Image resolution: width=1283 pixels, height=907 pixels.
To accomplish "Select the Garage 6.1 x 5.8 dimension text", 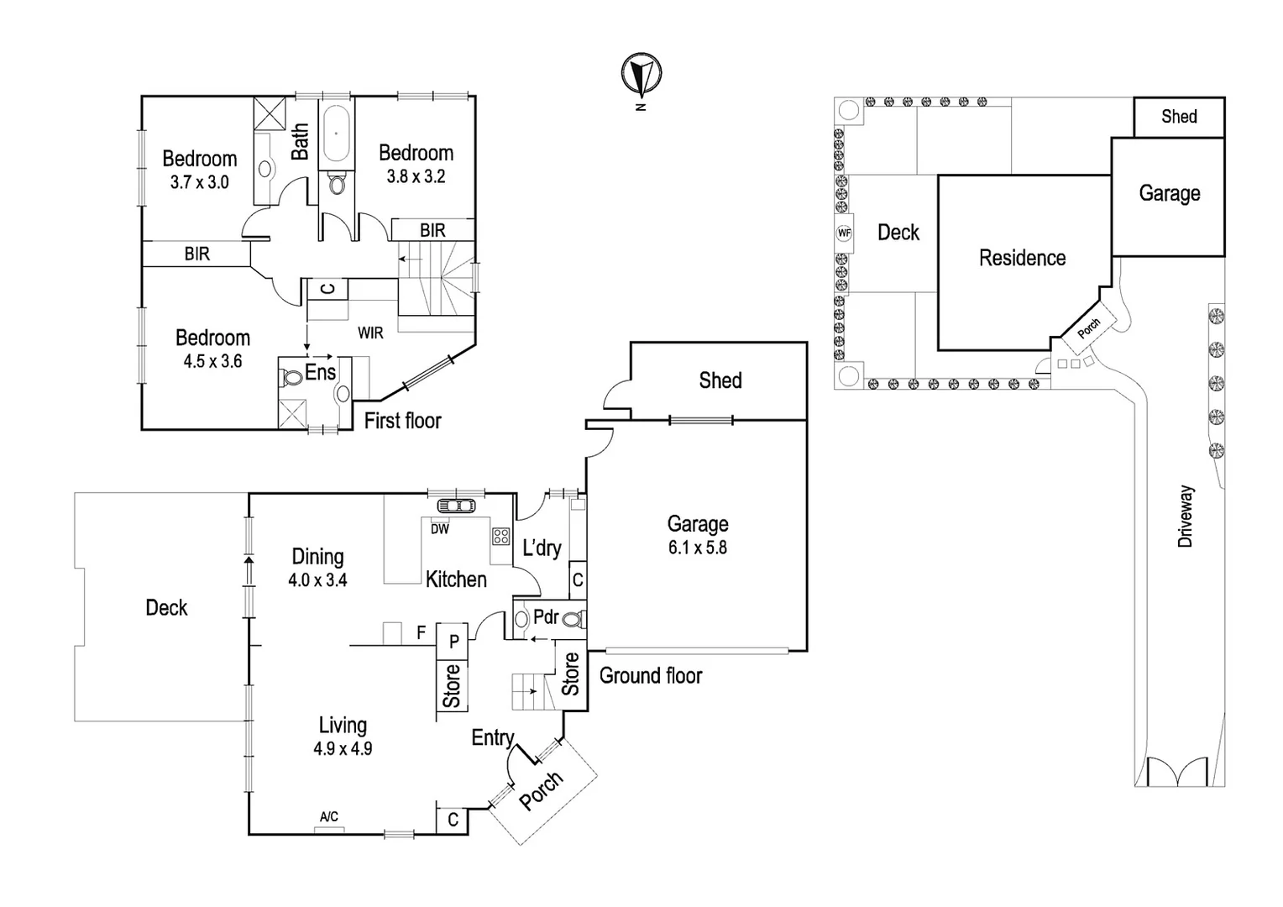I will click(x=697, y=548).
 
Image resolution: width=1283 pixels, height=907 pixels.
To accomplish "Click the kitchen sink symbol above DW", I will click(x=456, y=506).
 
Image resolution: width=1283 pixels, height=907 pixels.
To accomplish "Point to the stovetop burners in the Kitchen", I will click(x=501, y=537).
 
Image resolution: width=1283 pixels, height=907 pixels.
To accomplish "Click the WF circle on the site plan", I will click(x=844, y=233).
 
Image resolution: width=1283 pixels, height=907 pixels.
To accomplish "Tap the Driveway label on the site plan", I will click(x=1185, y=516).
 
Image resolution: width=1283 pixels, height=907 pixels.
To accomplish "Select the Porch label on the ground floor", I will click(x=541, y=790).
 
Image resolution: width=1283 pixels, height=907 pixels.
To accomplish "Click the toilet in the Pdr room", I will click(x=573, y=620).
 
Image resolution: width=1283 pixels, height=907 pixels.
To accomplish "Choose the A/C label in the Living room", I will click(x=329, y=816).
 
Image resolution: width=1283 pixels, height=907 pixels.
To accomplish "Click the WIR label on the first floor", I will click(x=370, y=333).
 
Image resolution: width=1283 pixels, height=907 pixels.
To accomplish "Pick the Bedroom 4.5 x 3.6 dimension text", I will click(x=212, y=361).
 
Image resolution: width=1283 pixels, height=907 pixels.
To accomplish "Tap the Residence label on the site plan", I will click(x=1022, y=258).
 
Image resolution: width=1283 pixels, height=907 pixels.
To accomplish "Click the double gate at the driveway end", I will click(x=1179, y=772).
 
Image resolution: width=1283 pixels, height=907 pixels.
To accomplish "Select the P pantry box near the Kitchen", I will click(x=453, y=642).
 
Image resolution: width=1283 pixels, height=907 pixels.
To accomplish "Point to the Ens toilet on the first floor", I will click(x=292, y=378).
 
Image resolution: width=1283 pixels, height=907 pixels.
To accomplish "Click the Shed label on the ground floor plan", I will click(x=720, y=380).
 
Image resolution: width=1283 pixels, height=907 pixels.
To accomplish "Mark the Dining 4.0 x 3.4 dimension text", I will click(x=317, y=579).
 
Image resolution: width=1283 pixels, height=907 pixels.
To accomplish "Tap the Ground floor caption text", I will click(x=650, y=675).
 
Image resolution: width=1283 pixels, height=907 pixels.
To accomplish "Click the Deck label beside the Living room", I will click(x=166, y=607).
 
